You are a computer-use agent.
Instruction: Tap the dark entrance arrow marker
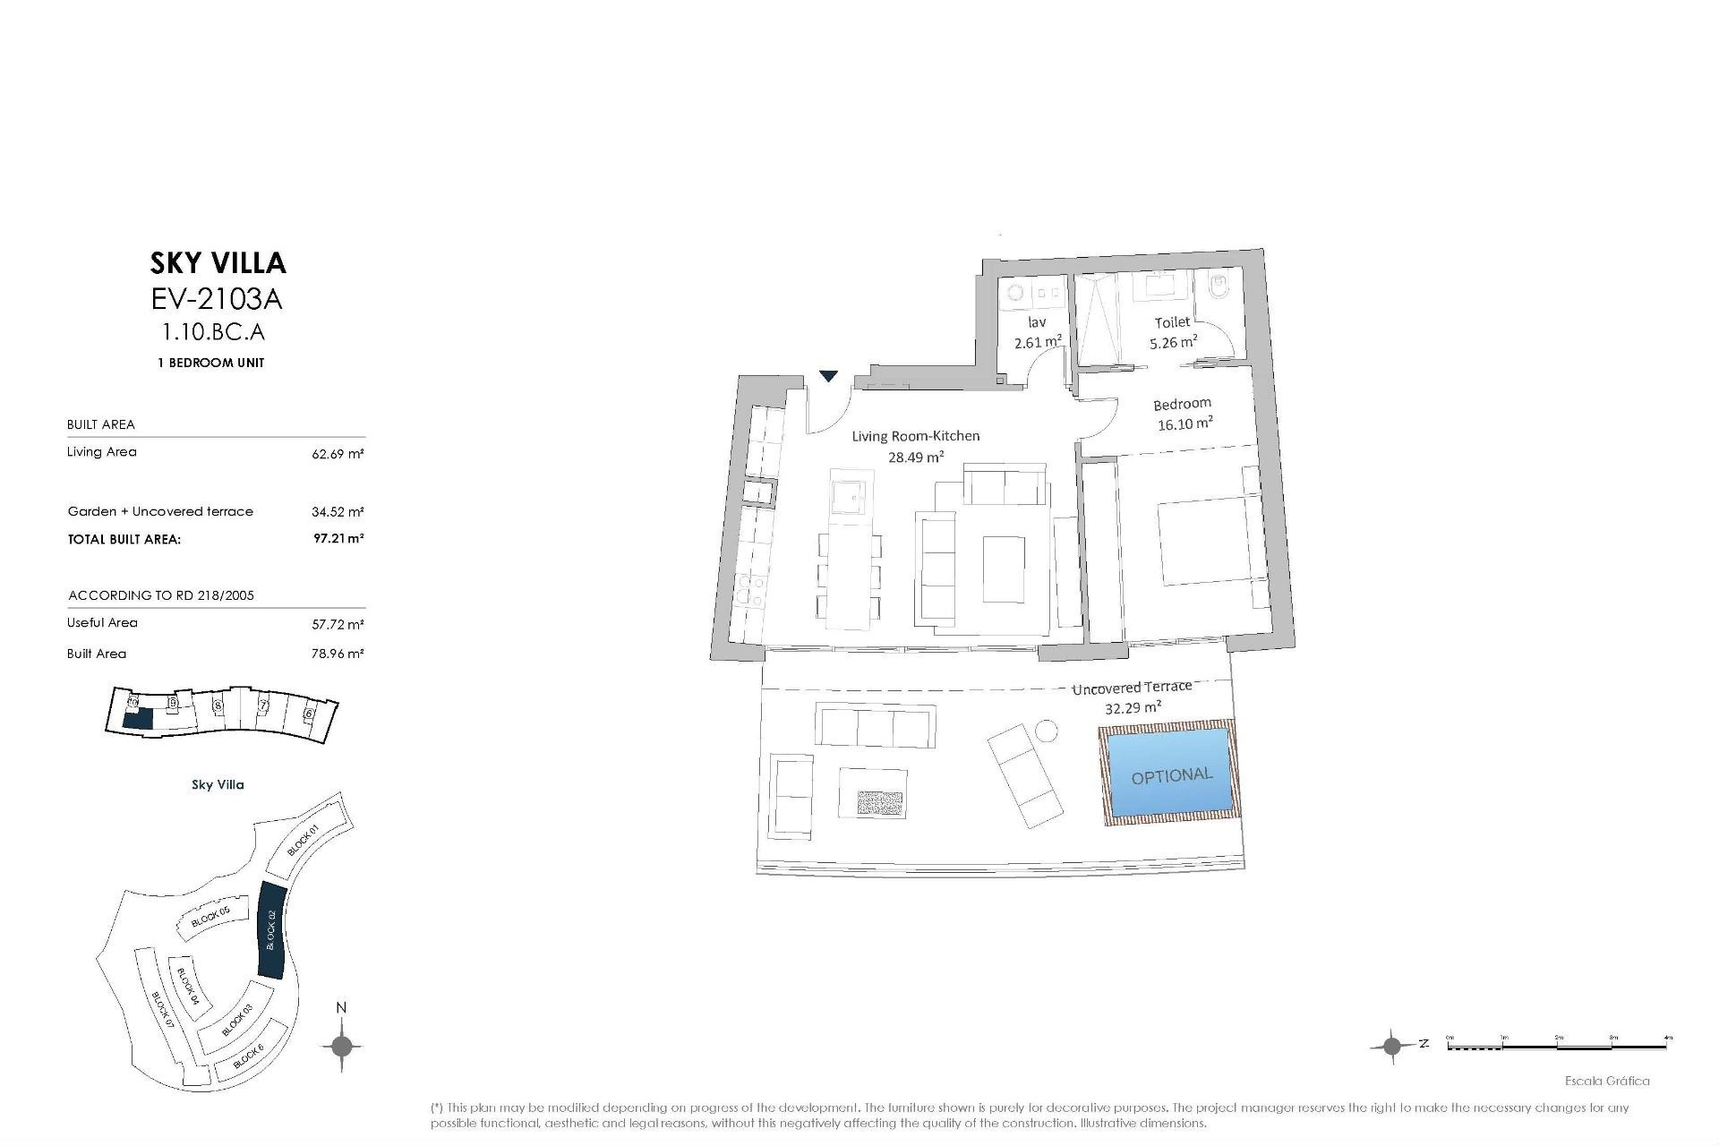coord(829,376)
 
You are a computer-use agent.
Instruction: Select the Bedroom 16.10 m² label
coord(1184,414)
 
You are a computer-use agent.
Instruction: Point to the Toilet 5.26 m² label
coord(1173,332)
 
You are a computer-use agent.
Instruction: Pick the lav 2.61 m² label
coord(1038,332)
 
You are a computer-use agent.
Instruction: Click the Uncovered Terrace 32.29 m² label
coord(1133,697)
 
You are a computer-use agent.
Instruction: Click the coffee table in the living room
coord(1005,570)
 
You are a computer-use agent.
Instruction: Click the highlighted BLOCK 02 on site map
coord(269,931)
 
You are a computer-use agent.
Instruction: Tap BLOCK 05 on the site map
coord(211,917)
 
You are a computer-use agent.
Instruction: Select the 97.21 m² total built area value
coord(338,539)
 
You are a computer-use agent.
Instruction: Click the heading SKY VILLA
coord(218,262)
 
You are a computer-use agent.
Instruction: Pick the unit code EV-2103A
coord(217,298)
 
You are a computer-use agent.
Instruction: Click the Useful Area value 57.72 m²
coord(338,624)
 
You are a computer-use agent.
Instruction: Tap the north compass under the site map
coord(341,1045)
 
